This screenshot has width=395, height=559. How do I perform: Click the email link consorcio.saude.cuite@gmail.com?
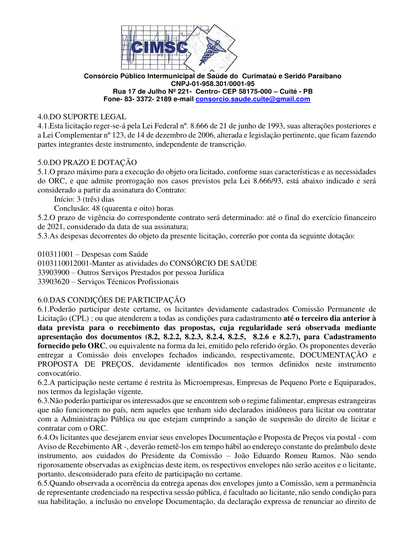(x=252, y=99)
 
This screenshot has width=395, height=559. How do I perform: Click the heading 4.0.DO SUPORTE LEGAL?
(x=82, y=117)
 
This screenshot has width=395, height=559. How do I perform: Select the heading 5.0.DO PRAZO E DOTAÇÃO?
(x=87, y=162)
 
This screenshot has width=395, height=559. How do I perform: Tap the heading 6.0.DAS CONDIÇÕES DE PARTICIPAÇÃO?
(x=111, y=300)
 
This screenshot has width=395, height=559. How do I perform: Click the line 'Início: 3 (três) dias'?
(x=84, y=199)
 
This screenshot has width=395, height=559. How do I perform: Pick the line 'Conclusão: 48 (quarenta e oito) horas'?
(x=114, y=208)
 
